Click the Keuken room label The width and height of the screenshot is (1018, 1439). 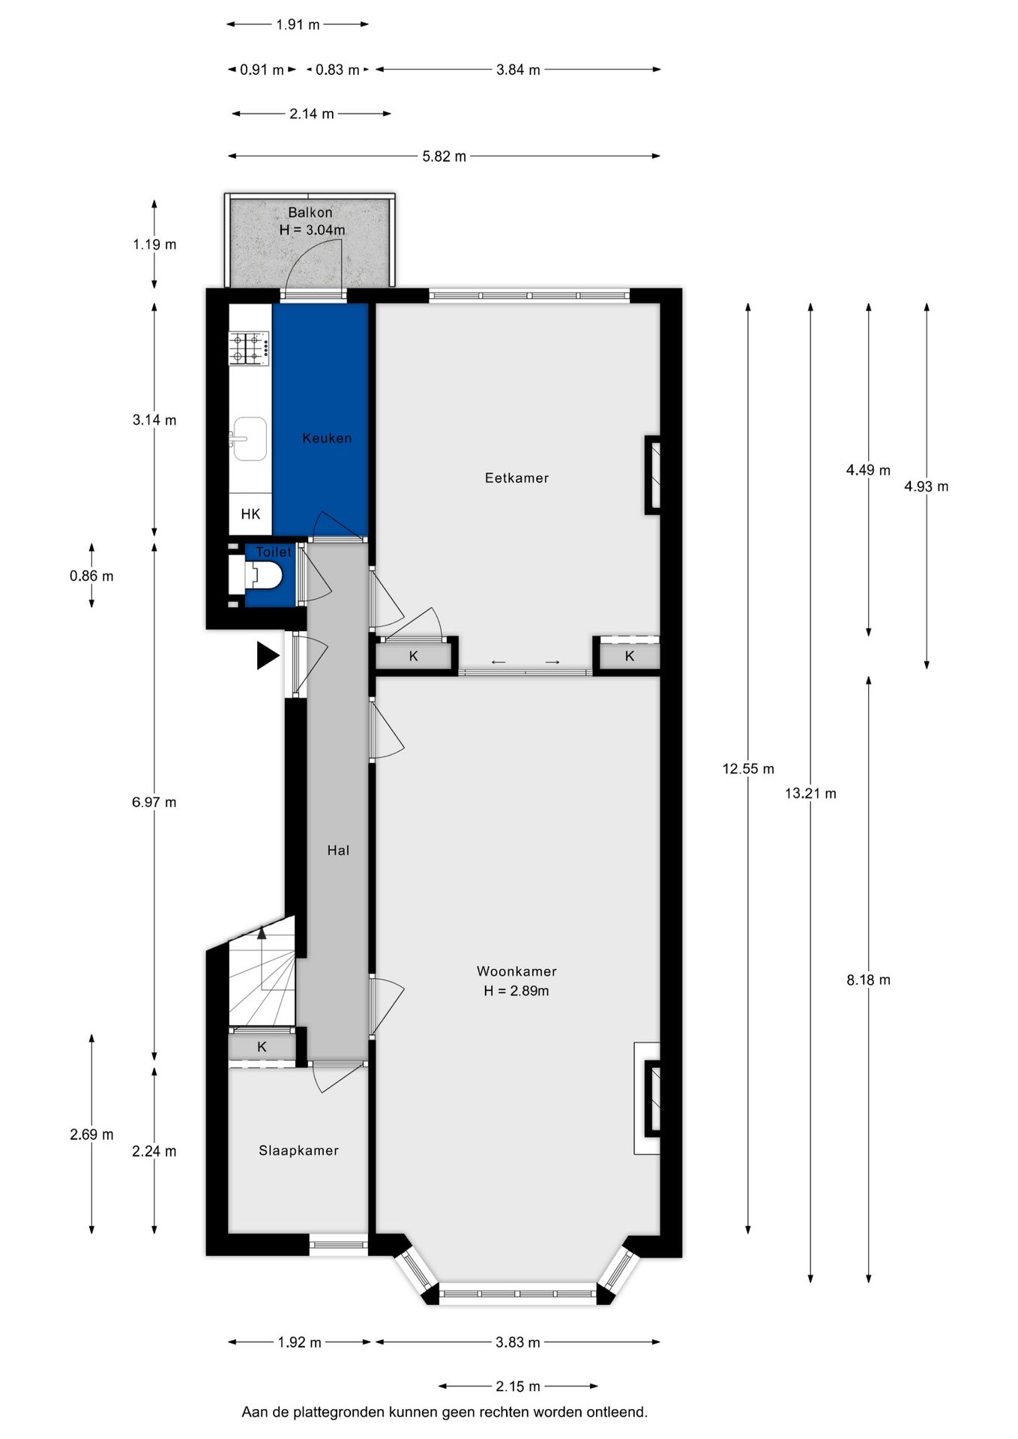coord(327,438)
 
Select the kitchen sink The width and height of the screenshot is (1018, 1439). coord(249,439)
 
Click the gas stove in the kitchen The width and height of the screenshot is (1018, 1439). coord(250,349)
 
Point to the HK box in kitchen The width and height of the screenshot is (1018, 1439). coord(250,514)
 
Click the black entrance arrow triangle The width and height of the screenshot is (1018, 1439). coord(267,656)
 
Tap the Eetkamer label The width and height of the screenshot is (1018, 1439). coord(516,478)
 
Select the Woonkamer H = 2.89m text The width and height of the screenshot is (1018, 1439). coord(516,981)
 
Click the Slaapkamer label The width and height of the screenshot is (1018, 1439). coord(298,1150)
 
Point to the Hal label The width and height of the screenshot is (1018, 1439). coord(338,851)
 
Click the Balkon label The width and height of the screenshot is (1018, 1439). coord(310,213)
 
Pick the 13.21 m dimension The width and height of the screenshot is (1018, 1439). coord(810,794)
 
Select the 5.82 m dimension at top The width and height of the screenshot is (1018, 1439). coord(444,157)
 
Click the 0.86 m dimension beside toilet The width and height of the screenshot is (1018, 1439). coord(91,576)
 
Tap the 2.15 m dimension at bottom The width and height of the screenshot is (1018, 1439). coord(517,1387)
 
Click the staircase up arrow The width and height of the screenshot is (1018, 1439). coord(262,934)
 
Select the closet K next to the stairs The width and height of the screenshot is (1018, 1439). coord(262,1047)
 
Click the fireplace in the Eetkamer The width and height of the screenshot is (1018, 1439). coord(653,475)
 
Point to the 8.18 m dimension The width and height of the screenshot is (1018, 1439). coord(868,980)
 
